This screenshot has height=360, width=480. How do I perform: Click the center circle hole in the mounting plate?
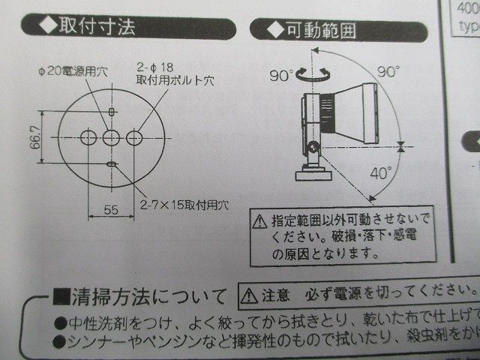pos(111,138)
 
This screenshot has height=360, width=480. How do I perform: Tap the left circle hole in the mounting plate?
pos(88,138)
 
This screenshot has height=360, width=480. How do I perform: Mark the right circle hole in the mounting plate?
pos(135,138)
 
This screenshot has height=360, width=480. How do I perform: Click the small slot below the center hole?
pos(111,164)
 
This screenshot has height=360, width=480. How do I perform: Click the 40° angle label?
pos(381,173)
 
